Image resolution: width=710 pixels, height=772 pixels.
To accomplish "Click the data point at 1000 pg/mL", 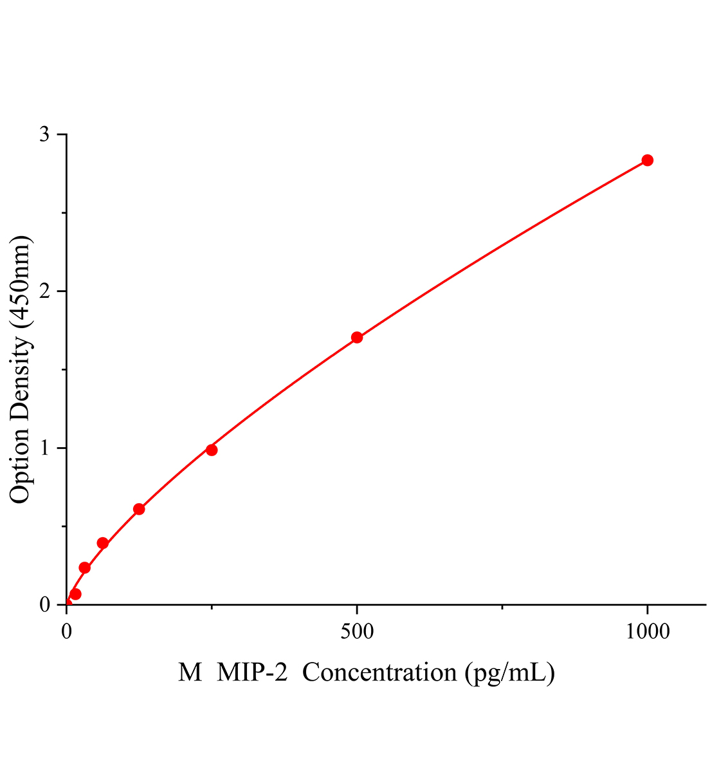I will coord(647,160).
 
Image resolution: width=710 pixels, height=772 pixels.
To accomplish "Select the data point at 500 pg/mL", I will coord(357,337).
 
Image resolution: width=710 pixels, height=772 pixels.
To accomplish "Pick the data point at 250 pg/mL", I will coord(212,450).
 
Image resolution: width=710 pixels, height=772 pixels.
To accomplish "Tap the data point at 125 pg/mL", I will coord(139,509).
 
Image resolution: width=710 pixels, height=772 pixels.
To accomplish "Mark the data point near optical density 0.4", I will coord(103,543).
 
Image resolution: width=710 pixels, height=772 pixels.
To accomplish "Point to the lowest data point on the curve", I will coord(75,594).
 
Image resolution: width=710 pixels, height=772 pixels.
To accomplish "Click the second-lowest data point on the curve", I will coord(84,567).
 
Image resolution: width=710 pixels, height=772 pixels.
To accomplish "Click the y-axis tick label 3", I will coord(44,134).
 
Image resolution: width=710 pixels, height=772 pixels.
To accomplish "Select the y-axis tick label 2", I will coord(44,291).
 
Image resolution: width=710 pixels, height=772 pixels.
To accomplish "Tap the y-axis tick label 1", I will coord(44,448).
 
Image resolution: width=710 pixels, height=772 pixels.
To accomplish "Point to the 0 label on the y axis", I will coord(44,605).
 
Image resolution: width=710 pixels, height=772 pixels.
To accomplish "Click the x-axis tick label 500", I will coord(357,632).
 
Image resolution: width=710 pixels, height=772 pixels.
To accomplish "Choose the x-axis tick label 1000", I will coord(647,632).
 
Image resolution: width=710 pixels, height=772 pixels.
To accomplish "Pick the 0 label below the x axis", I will coord(67,632).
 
